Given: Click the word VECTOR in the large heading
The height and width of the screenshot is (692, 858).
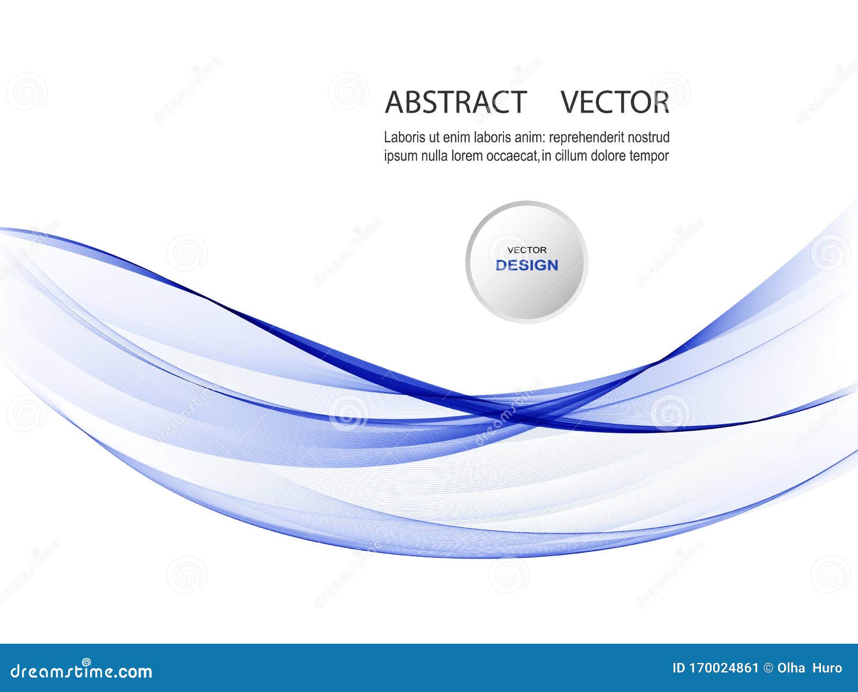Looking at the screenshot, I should [x=615, y=102].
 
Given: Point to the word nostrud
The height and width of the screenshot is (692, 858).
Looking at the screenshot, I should [x=649, y=137].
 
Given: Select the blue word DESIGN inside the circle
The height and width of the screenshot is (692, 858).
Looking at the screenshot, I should [x=527, y=266].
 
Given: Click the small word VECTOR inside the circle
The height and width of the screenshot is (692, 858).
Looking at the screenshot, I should [x=527, y=250].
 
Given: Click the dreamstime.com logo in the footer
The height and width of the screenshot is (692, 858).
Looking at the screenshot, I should [x=77, y=671].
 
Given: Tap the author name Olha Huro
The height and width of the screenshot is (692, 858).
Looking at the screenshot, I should [x=809, y=668].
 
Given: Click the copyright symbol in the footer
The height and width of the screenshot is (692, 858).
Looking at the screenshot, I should [x=768, y=668].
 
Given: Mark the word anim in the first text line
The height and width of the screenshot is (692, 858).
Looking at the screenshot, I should [x=529, y=137].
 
